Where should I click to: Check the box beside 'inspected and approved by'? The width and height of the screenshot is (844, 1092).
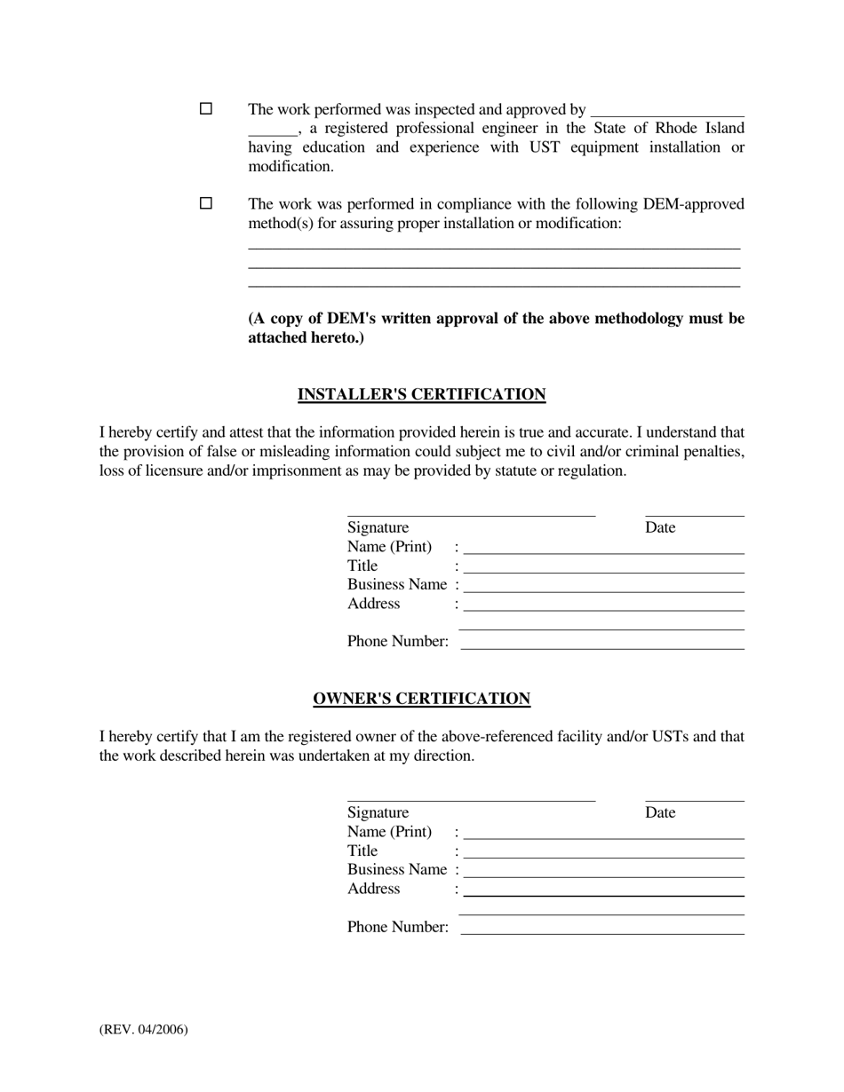(206, 108)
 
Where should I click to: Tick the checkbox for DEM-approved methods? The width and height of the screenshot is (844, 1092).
(206, 203)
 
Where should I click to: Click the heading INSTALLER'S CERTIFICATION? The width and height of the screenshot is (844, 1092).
(421, 394)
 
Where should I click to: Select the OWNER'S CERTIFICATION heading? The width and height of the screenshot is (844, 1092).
(421, 699)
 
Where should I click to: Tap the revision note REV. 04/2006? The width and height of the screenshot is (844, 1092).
(144, 1030)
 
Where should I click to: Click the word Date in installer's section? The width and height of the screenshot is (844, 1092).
(660, 527)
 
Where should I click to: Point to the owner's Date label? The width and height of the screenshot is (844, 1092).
(660, 812)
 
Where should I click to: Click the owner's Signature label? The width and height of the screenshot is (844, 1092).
(378, 812)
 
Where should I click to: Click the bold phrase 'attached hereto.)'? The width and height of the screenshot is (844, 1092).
(306, 337)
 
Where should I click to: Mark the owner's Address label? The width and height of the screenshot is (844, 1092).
(373, 889)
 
